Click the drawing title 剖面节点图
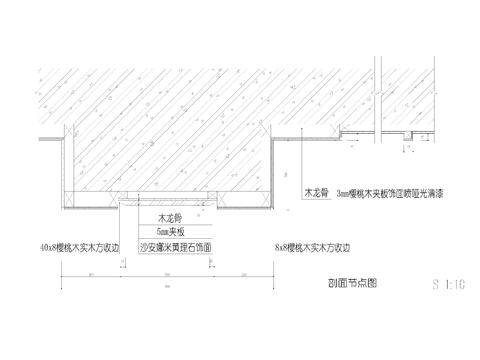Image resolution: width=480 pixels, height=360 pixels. [345, 283]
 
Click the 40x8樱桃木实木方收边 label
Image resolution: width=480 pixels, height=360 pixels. [79, 245]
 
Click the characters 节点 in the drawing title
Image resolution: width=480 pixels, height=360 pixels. [345, 283]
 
